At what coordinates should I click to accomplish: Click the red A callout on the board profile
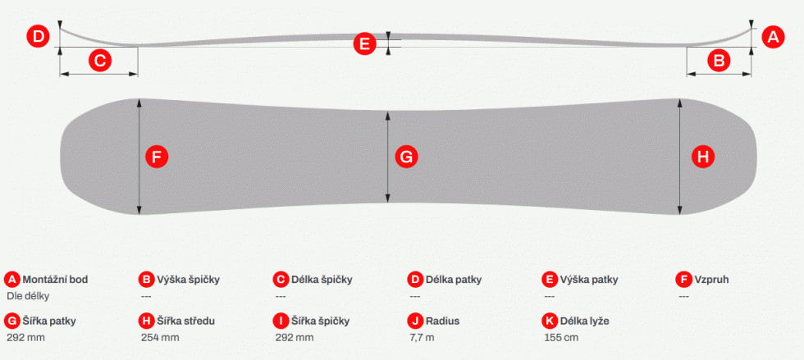[773, 37]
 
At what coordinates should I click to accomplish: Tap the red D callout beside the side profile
[39, 37]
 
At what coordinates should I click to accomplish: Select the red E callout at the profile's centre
[364, 43]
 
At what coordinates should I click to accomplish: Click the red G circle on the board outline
[406, 157]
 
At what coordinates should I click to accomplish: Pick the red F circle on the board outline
[157, 157]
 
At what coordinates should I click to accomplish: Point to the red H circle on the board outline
[703, 157]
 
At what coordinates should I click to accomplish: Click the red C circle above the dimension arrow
[100, 61]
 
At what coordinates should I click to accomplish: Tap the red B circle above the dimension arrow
[719, 61]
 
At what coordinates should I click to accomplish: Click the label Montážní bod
[56, 280]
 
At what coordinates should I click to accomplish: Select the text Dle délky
[28, 296]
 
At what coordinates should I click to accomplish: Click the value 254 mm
[160, 337]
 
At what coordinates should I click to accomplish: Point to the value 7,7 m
[421, 337]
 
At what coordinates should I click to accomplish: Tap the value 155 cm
[561, 337]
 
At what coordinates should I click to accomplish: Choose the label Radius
[442, 321]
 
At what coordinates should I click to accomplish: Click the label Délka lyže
[584, 321]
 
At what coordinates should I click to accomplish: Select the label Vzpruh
[712, 280]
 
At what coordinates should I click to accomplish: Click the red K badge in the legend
[550, 321]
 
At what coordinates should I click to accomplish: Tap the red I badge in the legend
[281, 321]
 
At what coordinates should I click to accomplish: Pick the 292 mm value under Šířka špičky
[295, 337]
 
